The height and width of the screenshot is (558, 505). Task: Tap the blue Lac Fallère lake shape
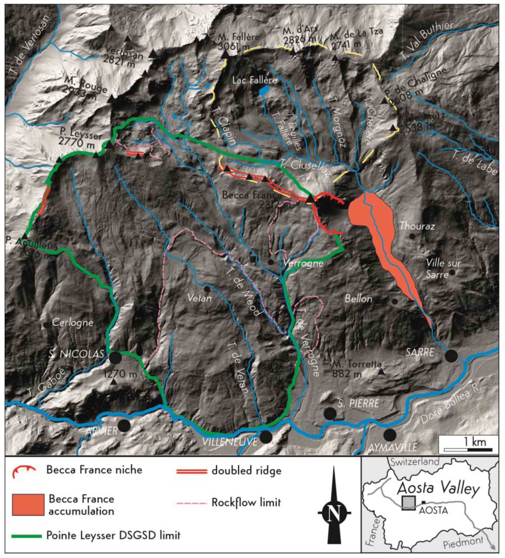(x=264, y=91)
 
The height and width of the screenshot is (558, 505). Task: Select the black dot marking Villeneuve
(x=266, y=437)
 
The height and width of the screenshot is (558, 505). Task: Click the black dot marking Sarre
(x=451, y=356)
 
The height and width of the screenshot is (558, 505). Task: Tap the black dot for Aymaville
(x=390, y=435)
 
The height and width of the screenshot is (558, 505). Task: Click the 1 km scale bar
(x=468, y=450)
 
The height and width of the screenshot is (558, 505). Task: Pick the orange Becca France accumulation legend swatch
(x=28, y=505)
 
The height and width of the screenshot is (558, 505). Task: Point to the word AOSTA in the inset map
(x=433, y=510)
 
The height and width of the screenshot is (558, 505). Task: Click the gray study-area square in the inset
(x=409, y=503)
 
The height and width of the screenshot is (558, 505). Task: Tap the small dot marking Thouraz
(x=412, y=236)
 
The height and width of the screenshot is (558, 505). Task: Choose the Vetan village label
(x=199, y=298)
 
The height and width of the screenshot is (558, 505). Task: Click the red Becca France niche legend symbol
(x=24, y=470)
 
